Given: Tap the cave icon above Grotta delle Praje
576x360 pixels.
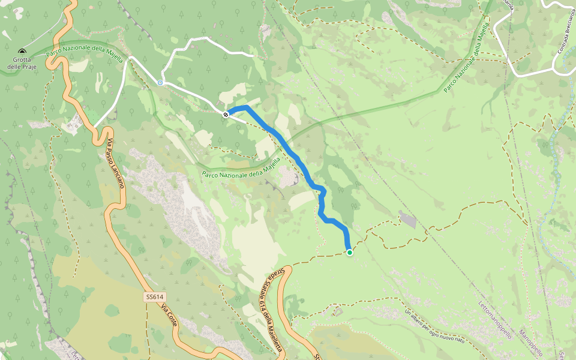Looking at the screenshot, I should (22, 52).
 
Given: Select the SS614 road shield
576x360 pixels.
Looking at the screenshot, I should (154, 297).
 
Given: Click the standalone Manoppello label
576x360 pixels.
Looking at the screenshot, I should (530, 342).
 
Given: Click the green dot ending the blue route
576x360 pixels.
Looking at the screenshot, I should (349, 253).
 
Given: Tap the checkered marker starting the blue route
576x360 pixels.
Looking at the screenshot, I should (226, 113).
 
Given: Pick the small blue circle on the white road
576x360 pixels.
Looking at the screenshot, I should (160, 83).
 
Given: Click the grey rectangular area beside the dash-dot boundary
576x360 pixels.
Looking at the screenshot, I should (407, 220).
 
